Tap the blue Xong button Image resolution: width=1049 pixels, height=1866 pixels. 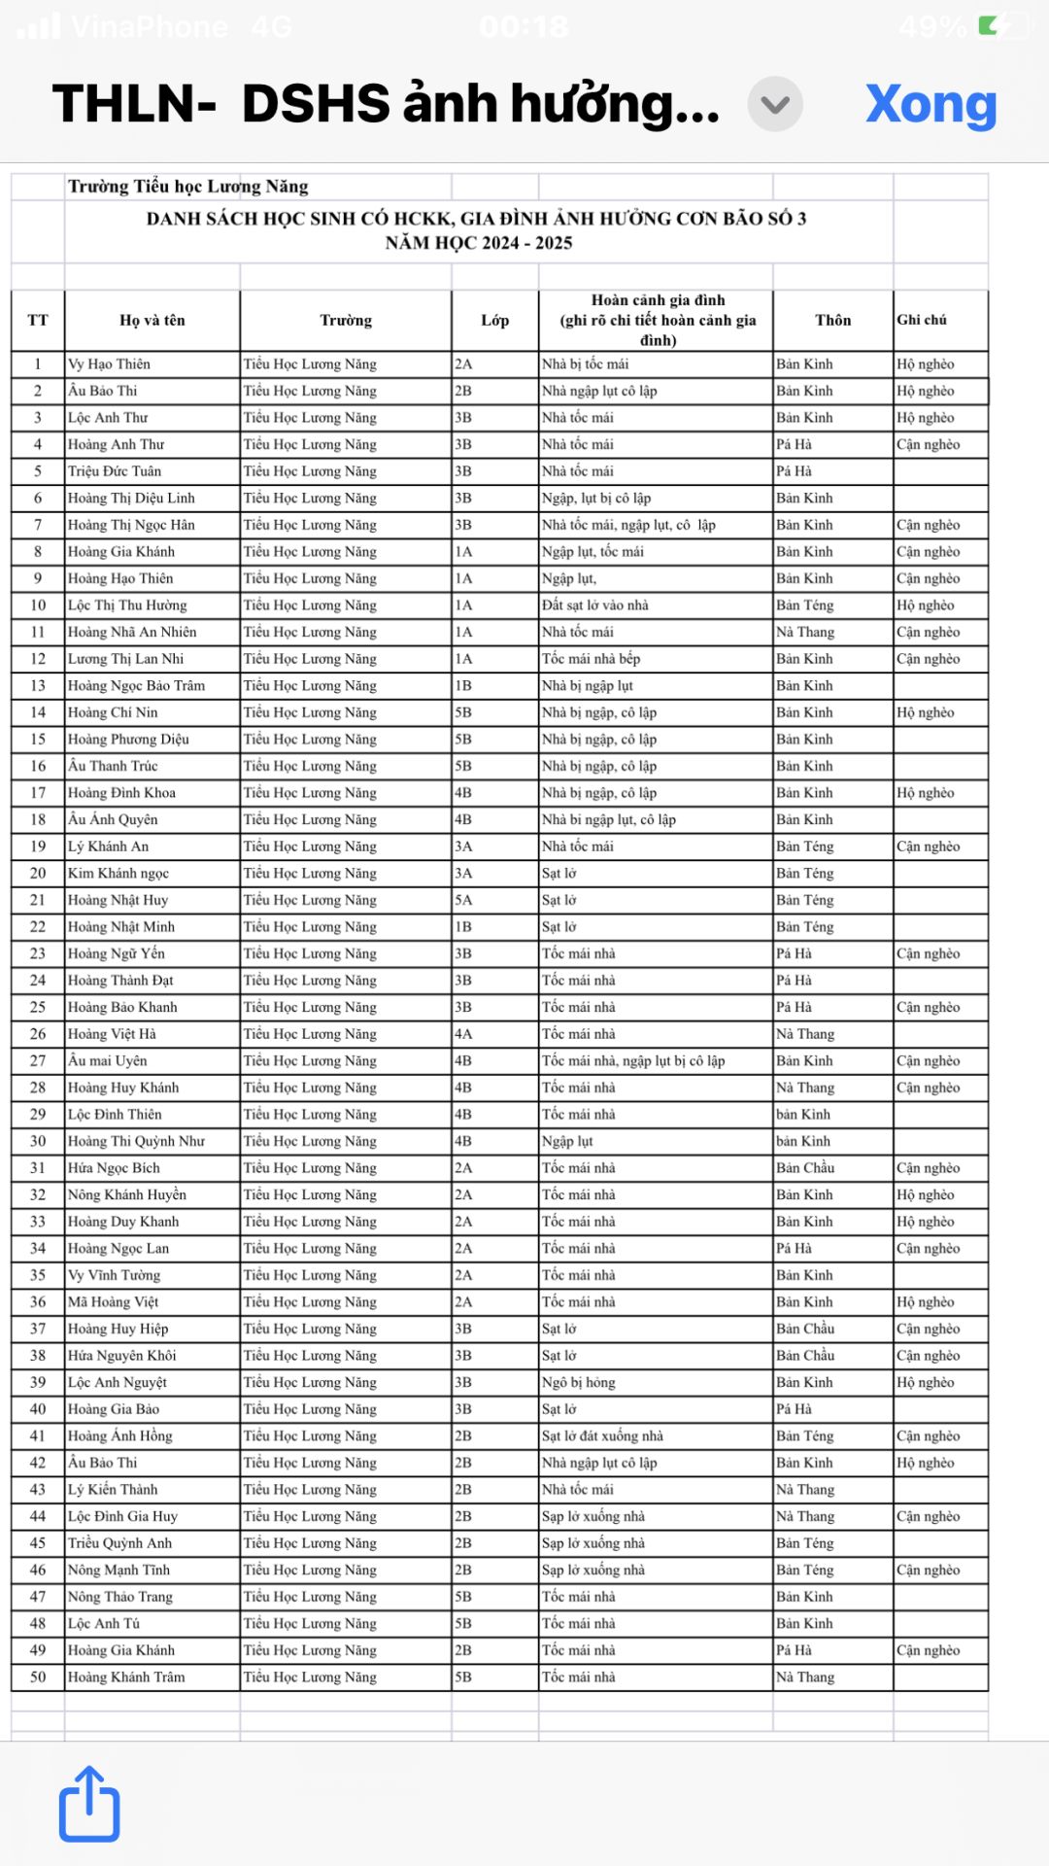click(931, 104)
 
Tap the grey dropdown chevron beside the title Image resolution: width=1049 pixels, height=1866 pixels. click(774, 104)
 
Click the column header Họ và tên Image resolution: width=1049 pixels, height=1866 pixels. click(152, 321)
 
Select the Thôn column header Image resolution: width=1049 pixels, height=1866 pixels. click(832, 321)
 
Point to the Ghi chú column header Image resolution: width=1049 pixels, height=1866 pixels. click(922, 320)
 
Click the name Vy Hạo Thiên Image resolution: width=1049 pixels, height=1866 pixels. click(109, 364)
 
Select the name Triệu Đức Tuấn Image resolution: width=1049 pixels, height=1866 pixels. click(115, 471)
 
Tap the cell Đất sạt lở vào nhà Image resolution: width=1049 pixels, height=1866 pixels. click(594, 605)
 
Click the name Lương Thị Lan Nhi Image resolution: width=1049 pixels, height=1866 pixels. click(125, 659)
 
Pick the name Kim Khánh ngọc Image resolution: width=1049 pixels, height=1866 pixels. click(118, 874)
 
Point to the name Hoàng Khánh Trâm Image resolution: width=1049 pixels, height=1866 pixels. click(126, 1677)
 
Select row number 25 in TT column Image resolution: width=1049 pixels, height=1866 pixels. click(38, 1008)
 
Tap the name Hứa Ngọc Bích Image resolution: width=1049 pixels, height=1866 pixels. click(114, 1168)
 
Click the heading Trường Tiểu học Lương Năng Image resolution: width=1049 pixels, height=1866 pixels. click(188, 187)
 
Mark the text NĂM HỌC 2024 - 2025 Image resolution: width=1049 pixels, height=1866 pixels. click(479, 243)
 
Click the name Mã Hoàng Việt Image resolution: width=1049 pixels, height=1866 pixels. click(113, 1302)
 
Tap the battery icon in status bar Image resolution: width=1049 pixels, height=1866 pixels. click(1001, 25)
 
